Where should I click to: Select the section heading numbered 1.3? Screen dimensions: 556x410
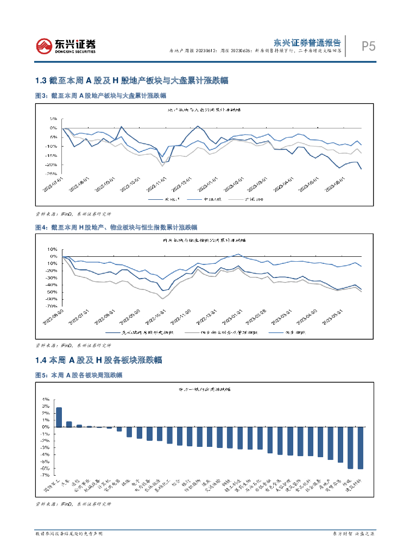coord(131,81)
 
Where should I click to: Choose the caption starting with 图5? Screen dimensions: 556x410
coord(78,375)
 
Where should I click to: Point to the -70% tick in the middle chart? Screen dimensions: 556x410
coord(52,306)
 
